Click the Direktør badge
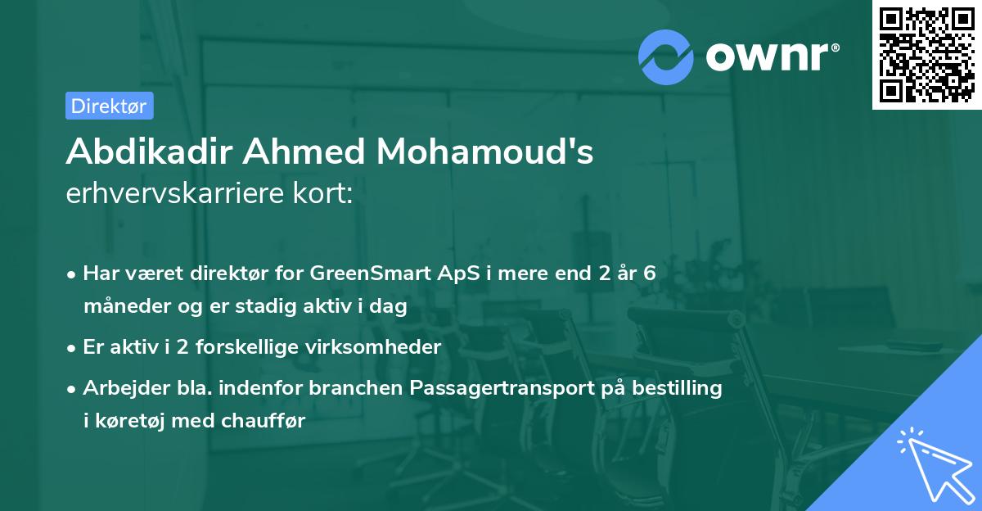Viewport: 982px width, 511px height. pos(109,106)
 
